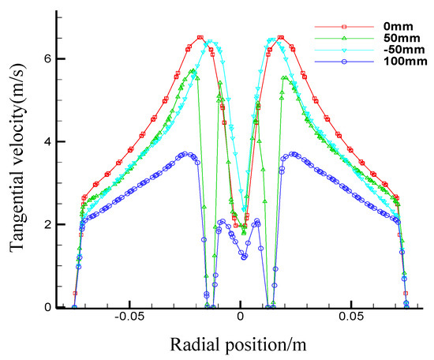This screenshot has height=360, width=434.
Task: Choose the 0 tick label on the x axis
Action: click(241, 323)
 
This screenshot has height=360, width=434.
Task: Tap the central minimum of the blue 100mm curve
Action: click(245, 257)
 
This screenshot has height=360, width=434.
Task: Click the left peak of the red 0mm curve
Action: click(200, 38)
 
